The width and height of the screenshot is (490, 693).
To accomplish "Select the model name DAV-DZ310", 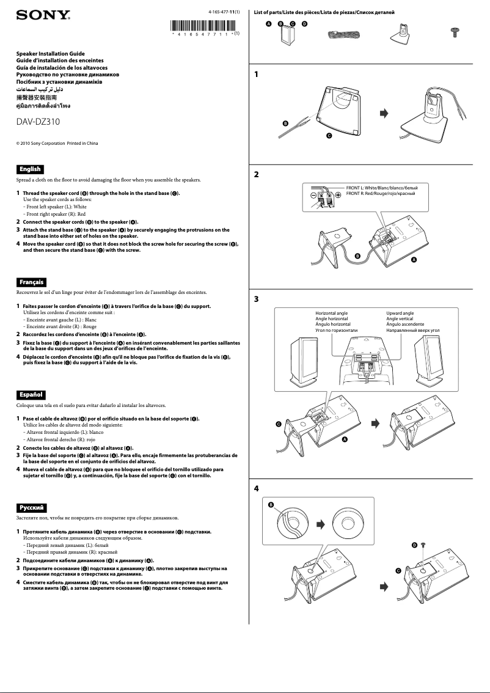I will pos(38,121).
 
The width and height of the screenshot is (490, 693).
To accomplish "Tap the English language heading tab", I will pos(29,169).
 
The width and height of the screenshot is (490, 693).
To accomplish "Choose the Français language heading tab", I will pos(31,282).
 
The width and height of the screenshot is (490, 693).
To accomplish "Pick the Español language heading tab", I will pos(31,394).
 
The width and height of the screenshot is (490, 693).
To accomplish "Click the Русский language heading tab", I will pos(31,507).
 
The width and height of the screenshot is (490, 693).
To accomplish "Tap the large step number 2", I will pos(257,174).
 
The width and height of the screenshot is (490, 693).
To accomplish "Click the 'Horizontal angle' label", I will pos(332,313).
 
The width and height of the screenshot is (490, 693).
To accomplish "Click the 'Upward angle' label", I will pos(400,313).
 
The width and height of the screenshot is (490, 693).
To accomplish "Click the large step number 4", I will pos(257,489).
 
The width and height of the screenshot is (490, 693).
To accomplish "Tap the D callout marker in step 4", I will pos(414,544).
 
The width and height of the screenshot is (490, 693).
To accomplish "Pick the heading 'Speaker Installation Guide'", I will pos(50,54).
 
